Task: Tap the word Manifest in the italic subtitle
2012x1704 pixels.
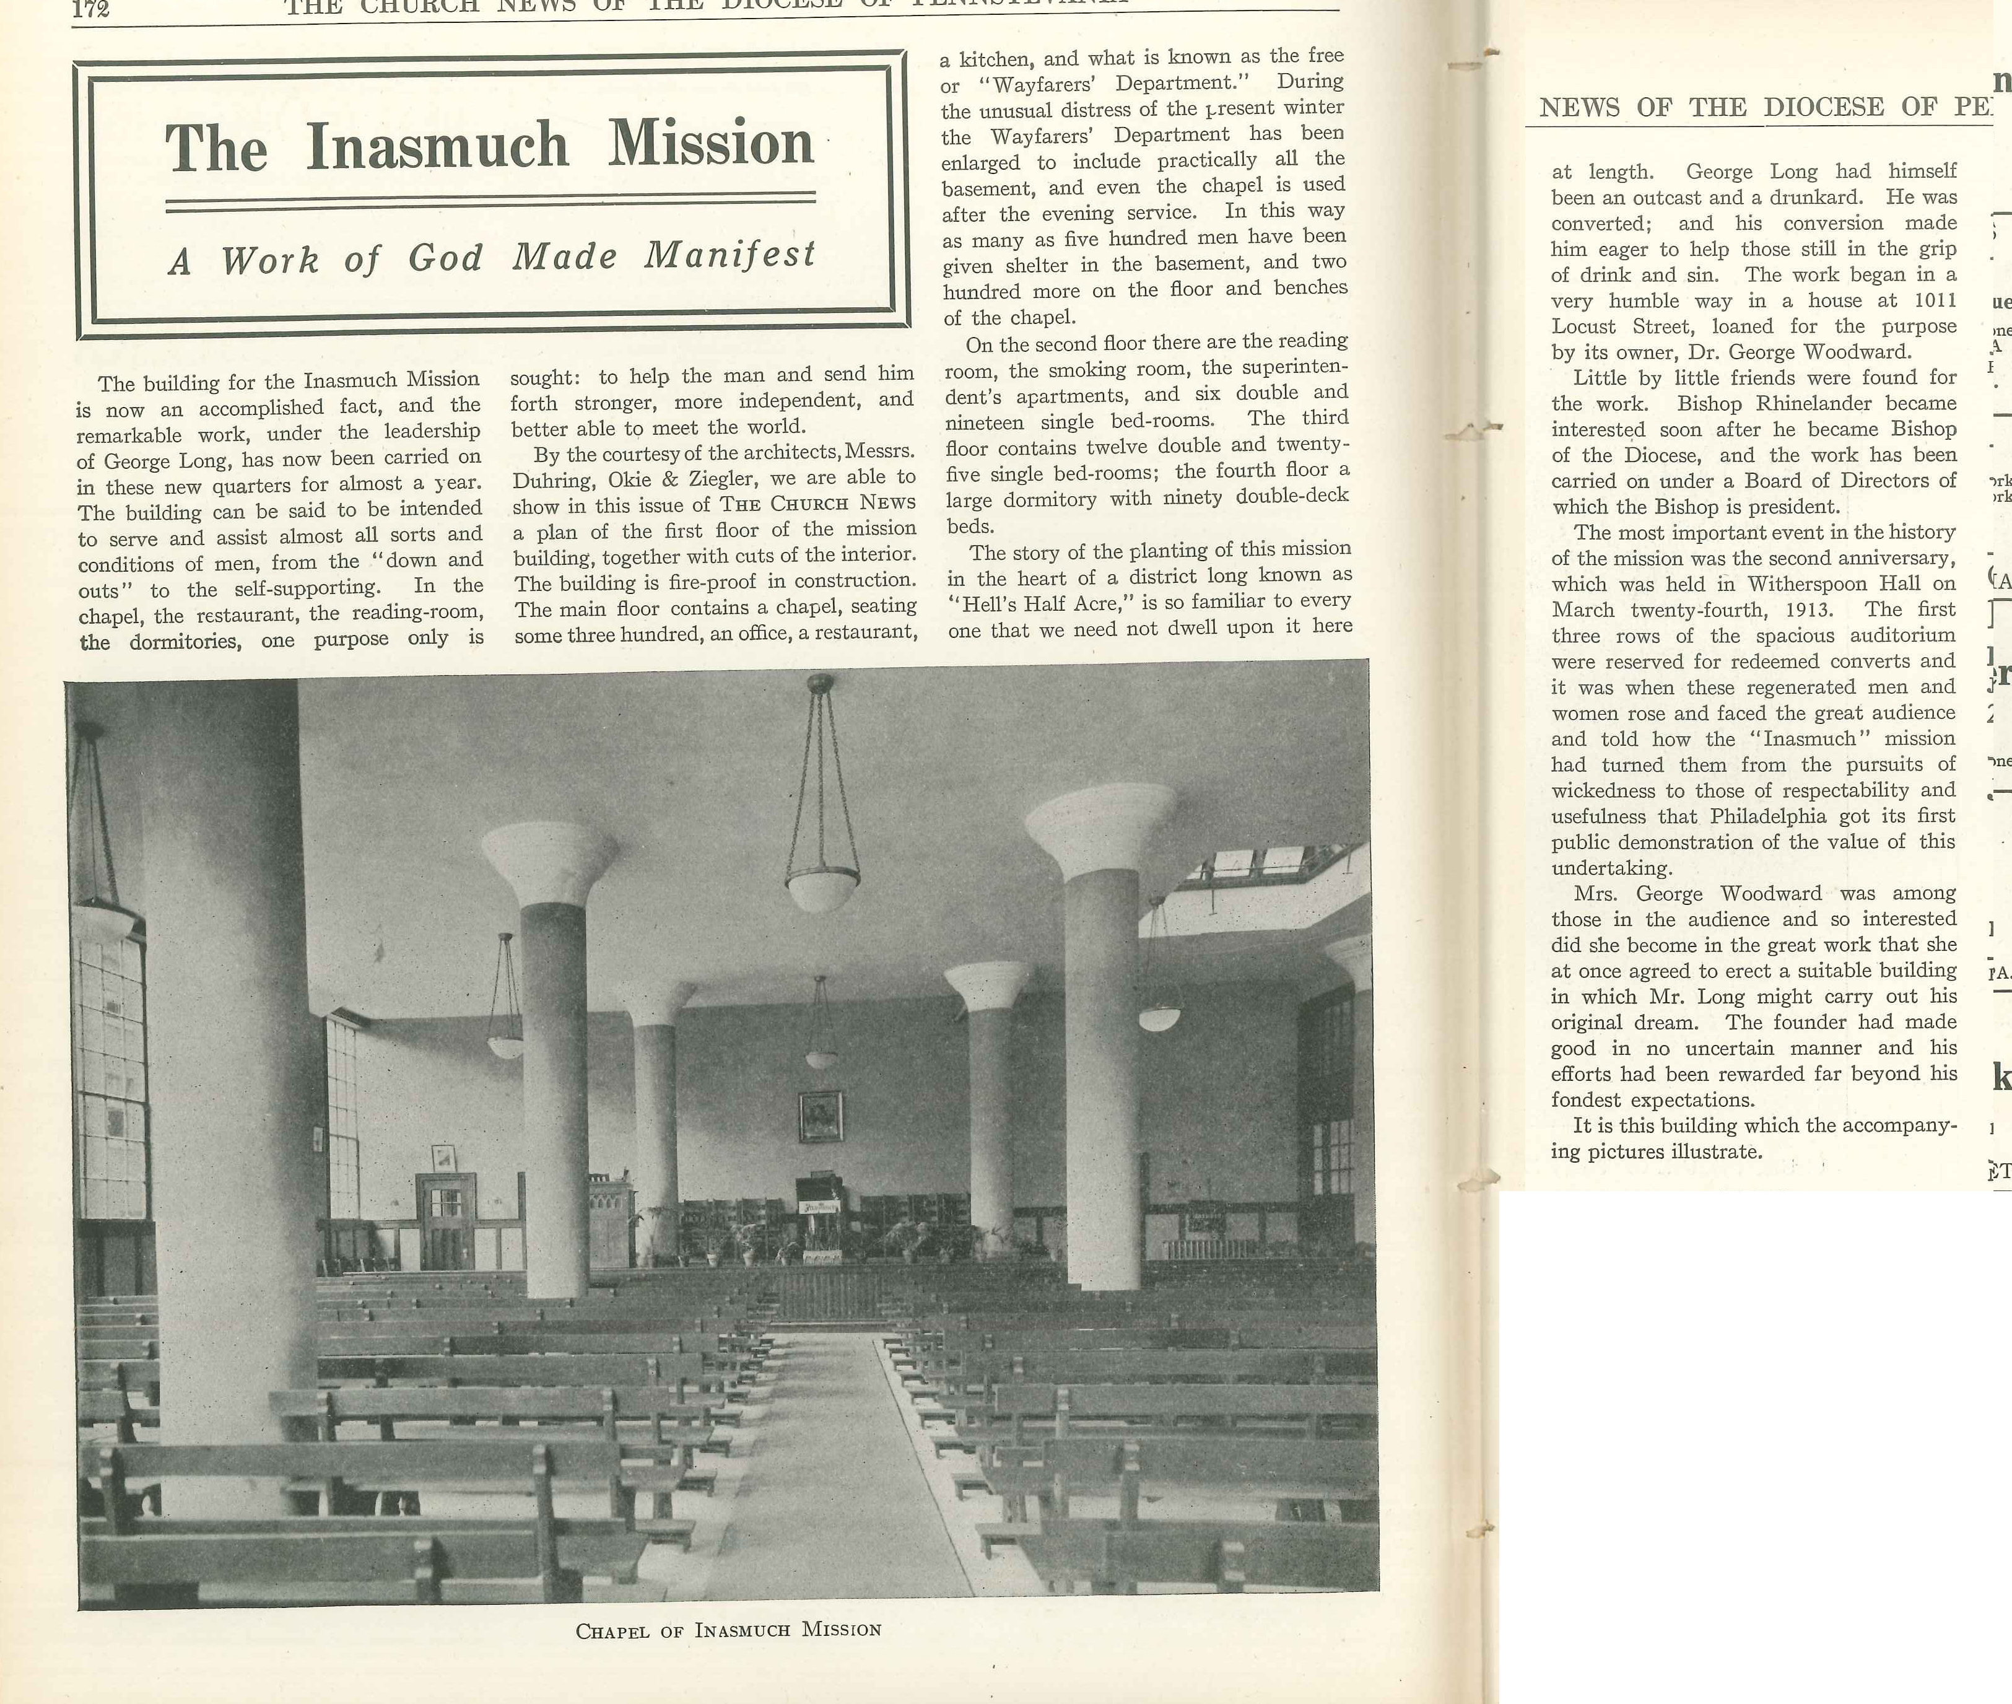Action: tap(730, 255)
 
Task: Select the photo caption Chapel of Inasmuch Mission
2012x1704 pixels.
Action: tap(728, 1630)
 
